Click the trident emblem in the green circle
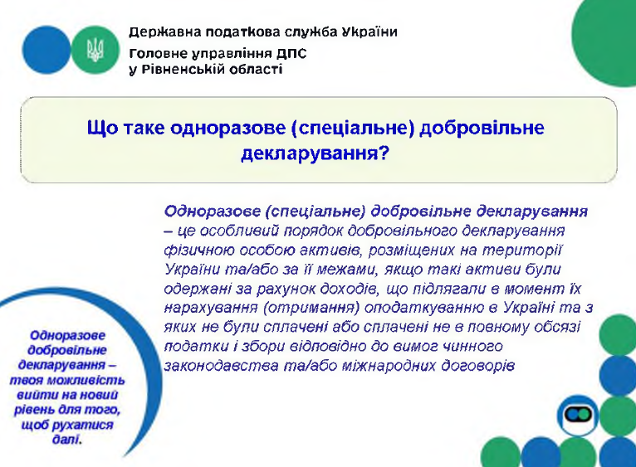click(x=95, y=50)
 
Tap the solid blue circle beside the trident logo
click(x=46, y=50)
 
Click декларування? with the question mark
click(x=316, y=153)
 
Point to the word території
click(x=522, y=251)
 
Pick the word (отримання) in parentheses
click(x=311, y=309)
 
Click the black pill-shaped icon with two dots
click(x=578, y=415)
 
